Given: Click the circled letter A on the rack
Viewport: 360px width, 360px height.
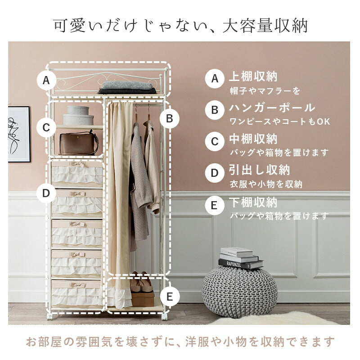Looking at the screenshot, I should [x=45, y=81].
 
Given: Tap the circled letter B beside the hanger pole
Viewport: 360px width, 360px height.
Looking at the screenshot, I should [x=169, y=119].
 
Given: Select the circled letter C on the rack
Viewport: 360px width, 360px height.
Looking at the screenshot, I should [x=46, y=127].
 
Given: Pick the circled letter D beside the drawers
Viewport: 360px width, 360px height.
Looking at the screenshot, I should [x=46, y=193].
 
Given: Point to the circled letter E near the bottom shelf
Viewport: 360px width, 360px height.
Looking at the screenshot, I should [x=169, y=297].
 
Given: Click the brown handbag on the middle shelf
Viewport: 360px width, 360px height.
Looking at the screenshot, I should [x=79, y=144].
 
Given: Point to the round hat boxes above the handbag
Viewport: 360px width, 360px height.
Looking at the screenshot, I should [x=78, y=115].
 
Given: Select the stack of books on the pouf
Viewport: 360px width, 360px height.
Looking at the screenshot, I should [x=240, y=258].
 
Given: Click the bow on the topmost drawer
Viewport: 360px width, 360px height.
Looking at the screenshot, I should [x=77, y=165].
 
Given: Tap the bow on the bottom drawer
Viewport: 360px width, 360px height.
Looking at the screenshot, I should [x=77, y=285].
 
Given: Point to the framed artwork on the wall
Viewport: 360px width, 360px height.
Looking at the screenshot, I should [x=19, y=134].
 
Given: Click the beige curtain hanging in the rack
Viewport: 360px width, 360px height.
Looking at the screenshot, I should [x=119, y=189].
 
